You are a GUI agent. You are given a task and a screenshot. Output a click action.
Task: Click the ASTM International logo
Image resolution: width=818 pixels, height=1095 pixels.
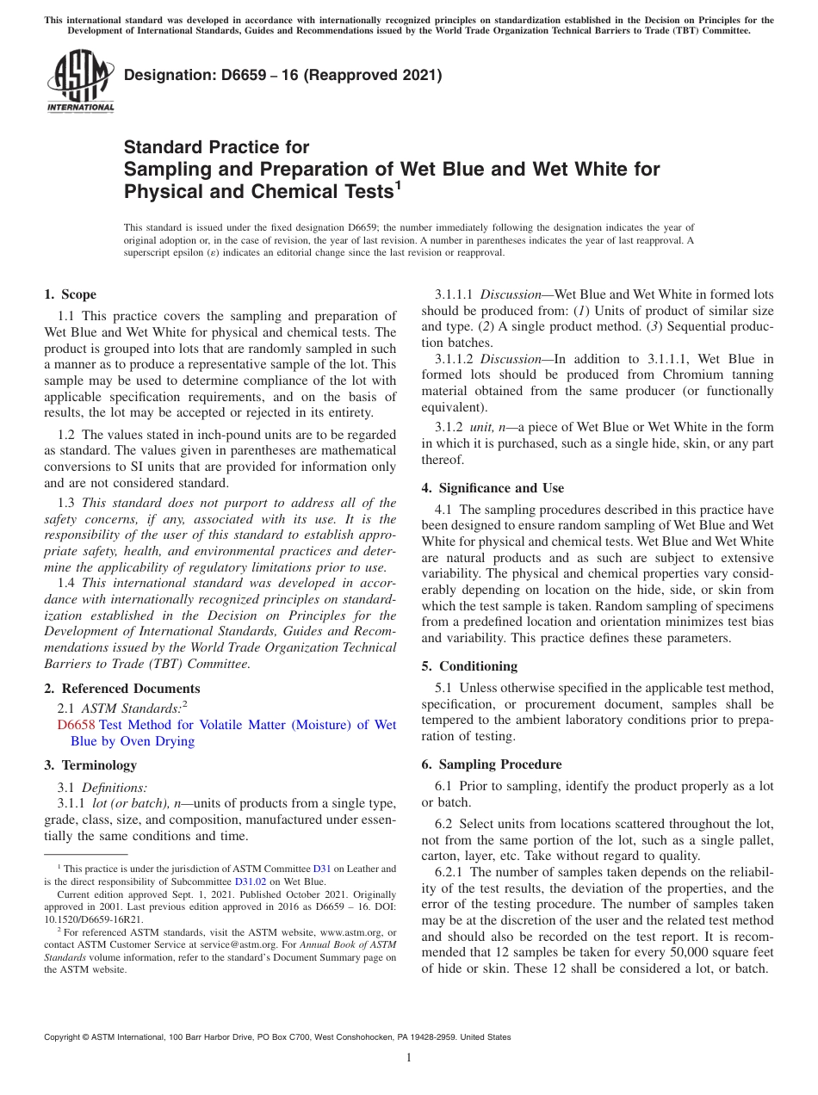[x=80, y=82]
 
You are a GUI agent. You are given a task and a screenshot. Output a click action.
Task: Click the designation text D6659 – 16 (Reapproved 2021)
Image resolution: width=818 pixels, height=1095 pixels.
[x=283, y=76]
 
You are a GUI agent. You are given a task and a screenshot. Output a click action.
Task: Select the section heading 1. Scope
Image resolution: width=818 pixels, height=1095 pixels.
[x=71, y=294]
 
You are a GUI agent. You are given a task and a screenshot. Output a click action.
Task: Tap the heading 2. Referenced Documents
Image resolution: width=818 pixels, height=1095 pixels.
[x=122, y=689]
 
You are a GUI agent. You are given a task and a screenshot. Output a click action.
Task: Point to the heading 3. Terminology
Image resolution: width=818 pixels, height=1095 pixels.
[x=90, y=765]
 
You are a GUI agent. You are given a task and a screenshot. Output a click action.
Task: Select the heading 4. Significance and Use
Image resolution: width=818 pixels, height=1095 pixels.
[x=493, y=488]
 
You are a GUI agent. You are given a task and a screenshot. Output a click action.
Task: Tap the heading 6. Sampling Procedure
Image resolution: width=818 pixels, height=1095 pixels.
[x=492, y=764]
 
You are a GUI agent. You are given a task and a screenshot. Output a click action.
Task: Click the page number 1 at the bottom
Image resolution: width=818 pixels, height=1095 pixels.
[x=409, y=1058]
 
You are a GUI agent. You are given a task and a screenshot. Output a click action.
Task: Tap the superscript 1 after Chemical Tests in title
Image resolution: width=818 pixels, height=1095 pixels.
[x=398, y=183]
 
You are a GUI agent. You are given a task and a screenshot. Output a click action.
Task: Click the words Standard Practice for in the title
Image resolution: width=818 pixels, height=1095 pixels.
[x=217, y=147]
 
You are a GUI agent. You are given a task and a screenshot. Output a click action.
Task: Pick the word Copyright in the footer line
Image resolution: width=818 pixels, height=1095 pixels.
[x=64, y=1037]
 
